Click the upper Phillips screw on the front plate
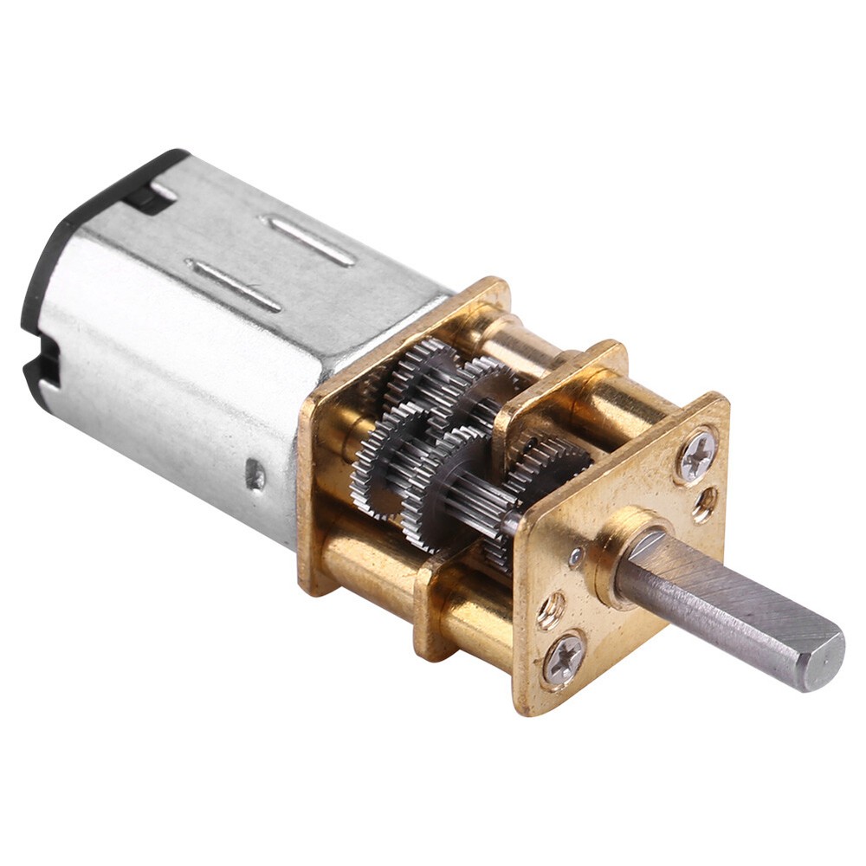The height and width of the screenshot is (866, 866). (x=697, y=455)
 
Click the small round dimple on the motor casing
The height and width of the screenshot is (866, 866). (x=255, y=473)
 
